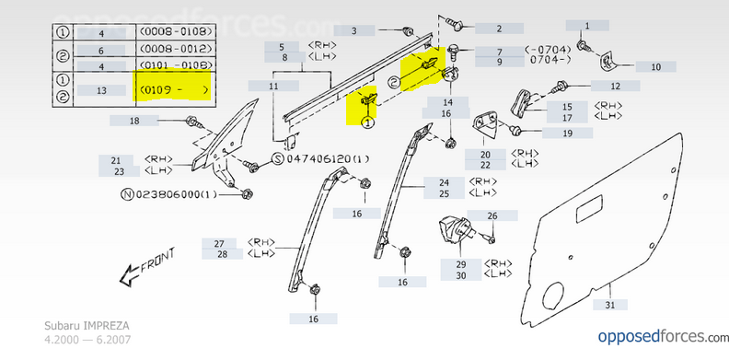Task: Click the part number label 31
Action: pyautogui.click(x=610, y=305)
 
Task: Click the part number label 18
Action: pyautogui.click(x=134, y=121)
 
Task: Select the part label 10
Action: pyautogui.click(x=655, y=67)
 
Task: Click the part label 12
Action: pyautogui.click(x=615, y=86)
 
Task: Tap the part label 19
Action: pyautogui.click(x=567, y=134)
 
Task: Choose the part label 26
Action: pyautogui.click(x=492, y=215)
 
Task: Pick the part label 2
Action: pyautogui.click(x=499, y=29)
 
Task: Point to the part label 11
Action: pyautogui.click(x=273, y=86)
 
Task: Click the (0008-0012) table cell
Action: pyautogui.click(x=176, y=48)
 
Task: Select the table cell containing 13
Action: pyautogui.click(x=101, y=90)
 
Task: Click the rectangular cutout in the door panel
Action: pyautogui.click(x=589, y=209)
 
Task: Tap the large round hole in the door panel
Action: pyautogui.click(x=553, y=296)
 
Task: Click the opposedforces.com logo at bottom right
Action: pyautogui.click(x=664, y=336)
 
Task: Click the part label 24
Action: pyautogui.click(x=444, y=182)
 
